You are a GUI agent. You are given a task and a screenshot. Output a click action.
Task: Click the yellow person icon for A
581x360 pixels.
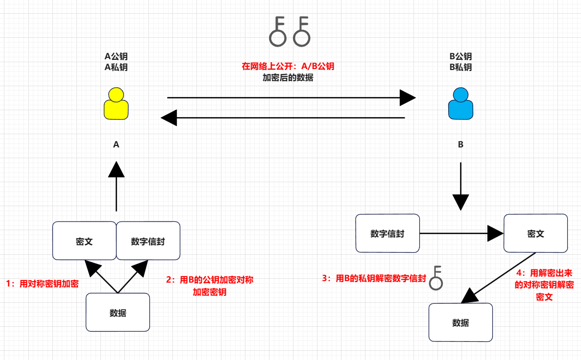coord(116,103)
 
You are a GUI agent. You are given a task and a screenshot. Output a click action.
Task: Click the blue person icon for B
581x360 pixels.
coord(460,103)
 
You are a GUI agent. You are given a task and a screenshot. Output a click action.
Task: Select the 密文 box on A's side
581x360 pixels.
coord(84,241)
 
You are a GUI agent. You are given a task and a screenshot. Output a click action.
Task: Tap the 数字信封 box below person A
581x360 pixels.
coord(148,241)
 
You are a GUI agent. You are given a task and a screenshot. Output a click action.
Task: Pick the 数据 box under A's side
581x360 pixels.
coord(118,312)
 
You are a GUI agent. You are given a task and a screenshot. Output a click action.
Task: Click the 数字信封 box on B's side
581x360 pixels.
coord(387,234)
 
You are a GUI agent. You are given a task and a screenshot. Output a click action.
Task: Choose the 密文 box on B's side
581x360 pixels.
coord(535,234)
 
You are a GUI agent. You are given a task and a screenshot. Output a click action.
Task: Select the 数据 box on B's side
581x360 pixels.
coord(460,322)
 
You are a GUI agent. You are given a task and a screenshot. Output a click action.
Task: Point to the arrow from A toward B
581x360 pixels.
coord(291,98)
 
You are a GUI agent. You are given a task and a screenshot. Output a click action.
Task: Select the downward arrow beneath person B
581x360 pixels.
coord(460,186)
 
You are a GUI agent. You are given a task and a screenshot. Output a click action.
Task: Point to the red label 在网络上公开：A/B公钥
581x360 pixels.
coord(288,67)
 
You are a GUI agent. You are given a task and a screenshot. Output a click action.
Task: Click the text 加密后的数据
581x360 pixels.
coord(288,78)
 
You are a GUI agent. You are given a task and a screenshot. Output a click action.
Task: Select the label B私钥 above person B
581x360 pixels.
coord(460,67)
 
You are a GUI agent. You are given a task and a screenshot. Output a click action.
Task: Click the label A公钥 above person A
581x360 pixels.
coord(116,56)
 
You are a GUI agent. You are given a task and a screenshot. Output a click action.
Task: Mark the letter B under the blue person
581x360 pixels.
coord(460,144)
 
